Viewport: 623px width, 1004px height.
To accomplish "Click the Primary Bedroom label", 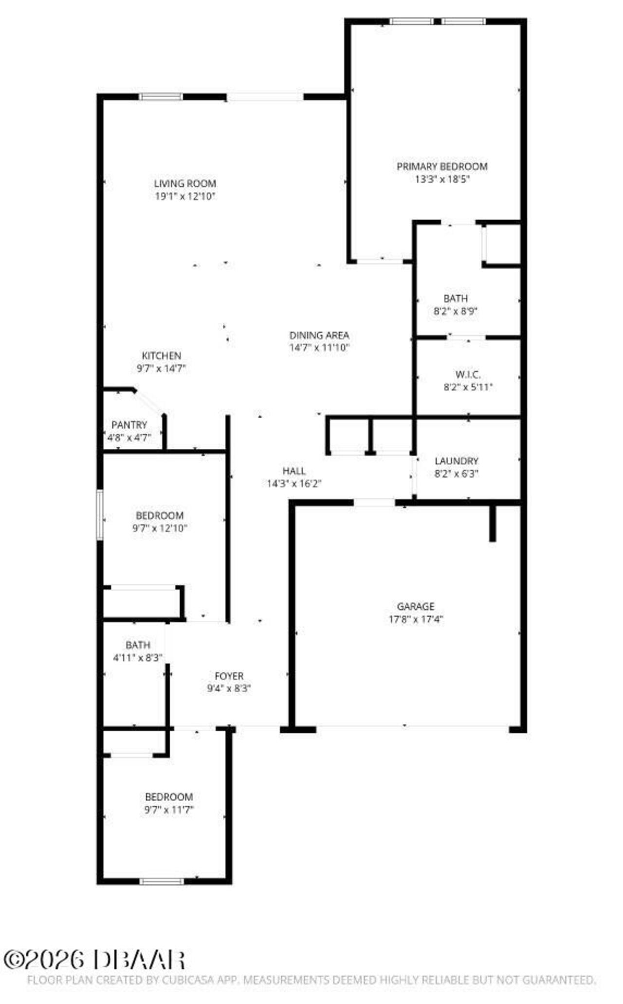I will point(441,167).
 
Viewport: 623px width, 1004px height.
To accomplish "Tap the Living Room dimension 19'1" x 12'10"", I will point(185,196).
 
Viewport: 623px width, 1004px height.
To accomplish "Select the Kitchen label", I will point(161,356).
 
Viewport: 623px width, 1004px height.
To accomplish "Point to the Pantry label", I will point(129,425).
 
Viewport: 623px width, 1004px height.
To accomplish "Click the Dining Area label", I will point(319,335).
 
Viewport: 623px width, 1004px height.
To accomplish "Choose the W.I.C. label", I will point(468,375).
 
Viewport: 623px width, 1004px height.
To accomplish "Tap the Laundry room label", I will point(456,461).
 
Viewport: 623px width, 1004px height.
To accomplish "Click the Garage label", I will point(415,606).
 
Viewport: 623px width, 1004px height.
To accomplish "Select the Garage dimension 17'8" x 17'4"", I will point(416,619).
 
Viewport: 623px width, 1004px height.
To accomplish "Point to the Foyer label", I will point(229,676).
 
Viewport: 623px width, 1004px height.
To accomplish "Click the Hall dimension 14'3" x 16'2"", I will point(294,484).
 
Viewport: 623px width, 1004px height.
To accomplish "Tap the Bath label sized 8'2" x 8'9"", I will point(456,299).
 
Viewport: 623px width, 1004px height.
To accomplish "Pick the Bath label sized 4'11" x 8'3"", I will point(138,645).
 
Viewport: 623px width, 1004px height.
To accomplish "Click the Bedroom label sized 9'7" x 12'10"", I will point(160,515).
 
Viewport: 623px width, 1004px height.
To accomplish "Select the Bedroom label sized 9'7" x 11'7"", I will point(169,797).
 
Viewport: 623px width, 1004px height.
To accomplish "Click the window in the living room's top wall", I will point(161,97).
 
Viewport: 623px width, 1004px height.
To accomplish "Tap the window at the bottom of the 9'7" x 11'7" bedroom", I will point(162,881).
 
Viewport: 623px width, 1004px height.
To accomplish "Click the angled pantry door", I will point(149,402).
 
